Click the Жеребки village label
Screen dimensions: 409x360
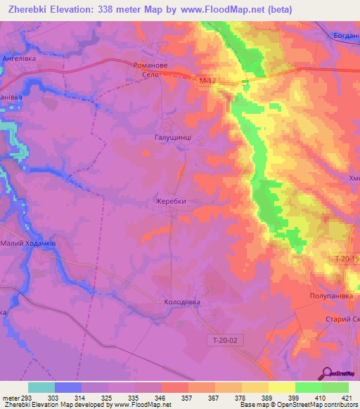point(170,201)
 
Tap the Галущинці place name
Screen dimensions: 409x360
point(172,138)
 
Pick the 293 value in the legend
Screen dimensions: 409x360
point(25,398)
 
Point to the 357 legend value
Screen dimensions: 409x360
point(188,398)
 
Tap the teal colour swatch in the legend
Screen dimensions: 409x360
point(41,387)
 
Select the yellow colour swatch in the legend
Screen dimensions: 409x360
point(282,387)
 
